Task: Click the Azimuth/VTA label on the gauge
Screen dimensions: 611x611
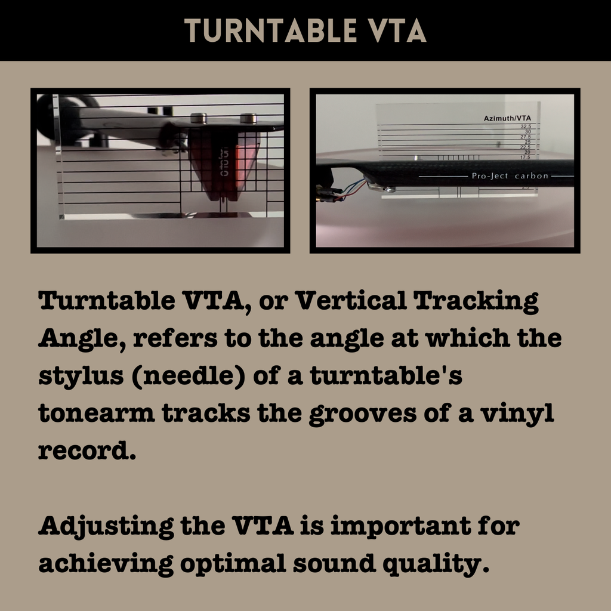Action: click(507, 119)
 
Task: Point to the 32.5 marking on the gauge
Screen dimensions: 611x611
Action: click(525, 126)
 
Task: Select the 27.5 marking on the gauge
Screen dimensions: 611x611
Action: click(525, 137)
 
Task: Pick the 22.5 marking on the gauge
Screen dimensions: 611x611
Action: click(525, 147)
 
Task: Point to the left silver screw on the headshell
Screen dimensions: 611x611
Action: click(199, 118)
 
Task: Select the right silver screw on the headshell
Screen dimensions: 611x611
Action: click(248, 118)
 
